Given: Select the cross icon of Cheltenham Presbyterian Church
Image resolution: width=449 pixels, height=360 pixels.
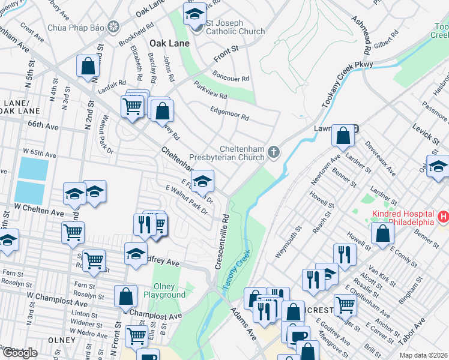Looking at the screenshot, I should point(274,152).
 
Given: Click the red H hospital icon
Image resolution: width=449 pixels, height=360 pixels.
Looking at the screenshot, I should point(443,217).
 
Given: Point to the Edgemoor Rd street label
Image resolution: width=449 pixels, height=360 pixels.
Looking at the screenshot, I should point(229,113).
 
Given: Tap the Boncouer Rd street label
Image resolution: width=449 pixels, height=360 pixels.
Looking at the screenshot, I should point(231,79).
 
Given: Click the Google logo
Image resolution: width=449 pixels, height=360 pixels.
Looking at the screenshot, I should point(20,353).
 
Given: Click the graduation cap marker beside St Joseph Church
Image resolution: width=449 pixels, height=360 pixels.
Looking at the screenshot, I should point(194,16).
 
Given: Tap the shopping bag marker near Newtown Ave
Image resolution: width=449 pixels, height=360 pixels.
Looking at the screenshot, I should point(342,137).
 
